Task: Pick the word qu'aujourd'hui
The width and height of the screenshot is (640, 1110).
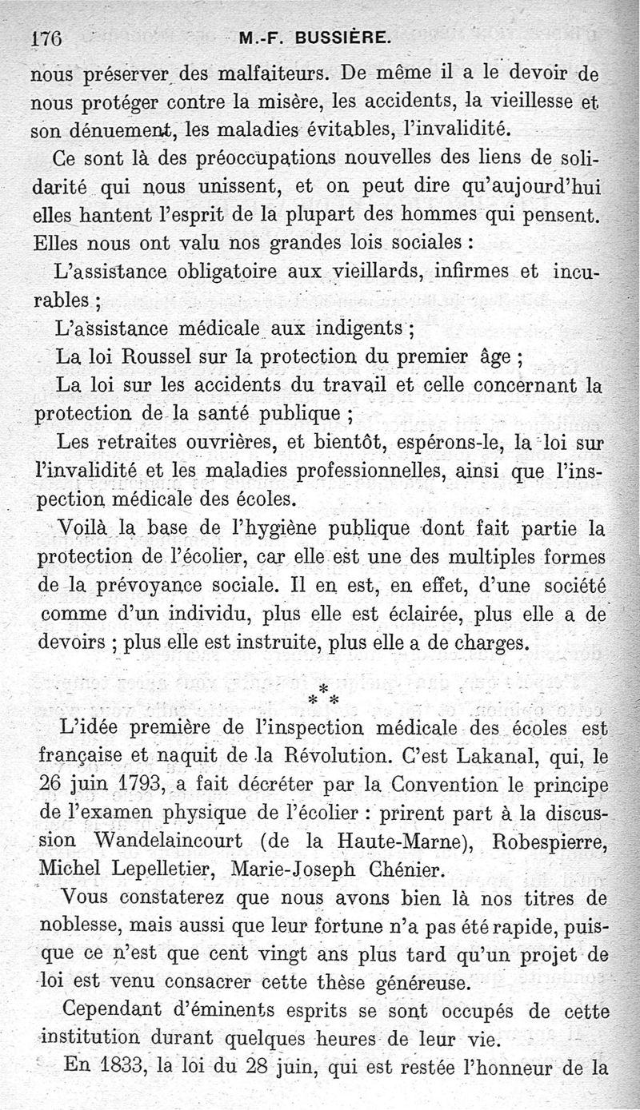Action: tap(527, 186)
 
